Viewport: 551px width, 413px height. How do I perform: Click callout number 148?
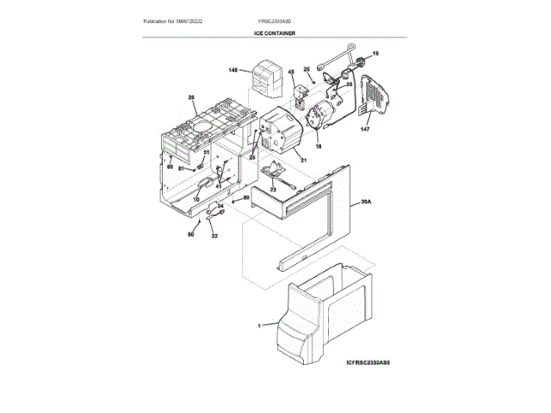233,70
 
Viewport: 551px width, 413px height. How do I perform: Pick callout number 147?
364,129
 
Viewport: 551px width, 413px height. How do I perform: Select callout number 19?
375,54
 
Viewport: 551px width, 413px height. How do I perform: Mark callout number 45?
292,72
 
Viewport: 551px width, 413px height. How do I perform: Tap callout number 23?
273,188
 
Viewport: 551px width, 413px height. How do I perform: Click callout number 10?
195,199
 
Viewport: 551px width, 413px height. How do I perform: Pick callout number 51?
206,152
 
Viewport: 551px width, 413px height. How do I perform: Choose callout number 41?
219,186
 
